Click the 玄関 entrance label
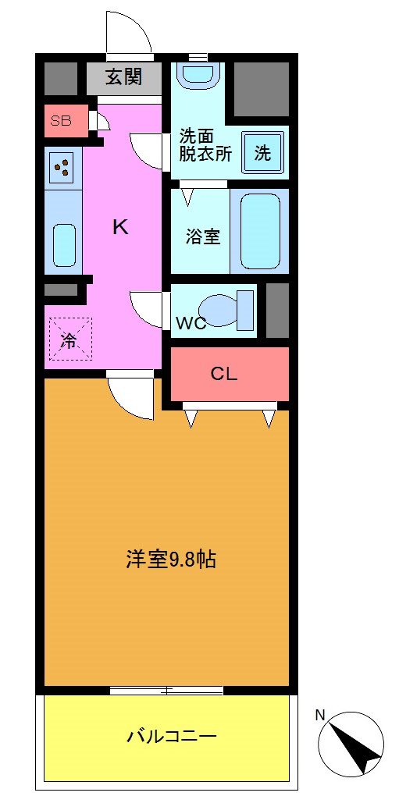(x=125, y=78)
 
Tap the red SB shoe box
(x=62, y=120)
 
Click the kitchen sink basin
(x=63, y=244)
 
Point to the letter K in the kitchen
(x=119, y=227)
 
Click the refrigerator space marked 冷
(x=69, y=339)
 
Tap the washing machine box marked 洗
(x=262, y=153)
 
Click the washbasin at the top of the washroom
(x=199, y=75)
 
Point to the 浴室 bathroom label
(x=202, y=236)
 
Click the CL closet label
(x=224, y=374)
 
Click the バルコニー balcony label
(x=171, y=735)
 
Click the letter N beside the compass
(x=320, y=714)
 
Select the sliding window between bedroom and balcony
(x=166, y=690)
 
